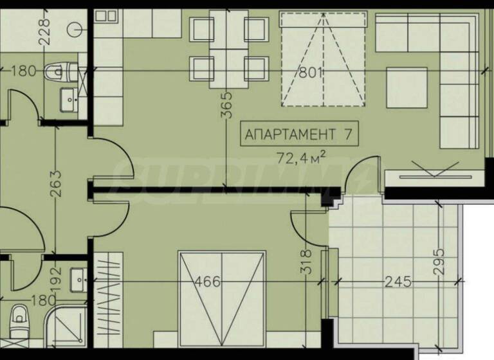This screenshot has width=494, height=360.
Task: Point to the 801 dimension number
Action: click(311, 73)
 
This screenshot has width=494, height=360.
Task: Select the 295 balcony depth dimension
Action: click(439, 262)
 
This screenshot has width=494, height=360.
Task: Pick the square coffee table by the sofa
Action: click(407, 88)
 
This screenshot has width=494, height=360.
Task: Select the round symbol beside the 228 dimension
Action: click(77, 29)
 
